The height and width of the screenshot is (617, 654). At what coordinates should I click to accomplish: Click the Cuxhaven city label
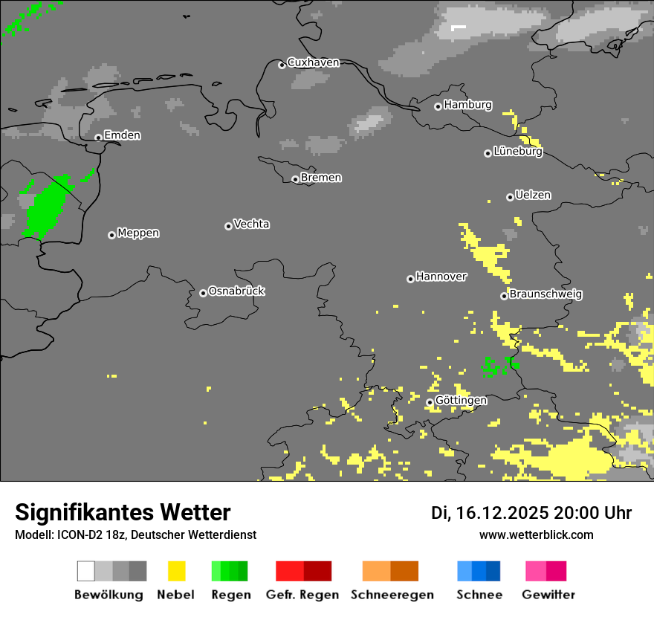313,62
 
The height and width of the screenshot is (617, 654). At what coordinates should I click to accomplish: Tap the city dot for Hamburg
438,106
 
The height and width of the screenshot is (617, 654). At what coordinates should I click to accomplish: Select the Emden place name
122,135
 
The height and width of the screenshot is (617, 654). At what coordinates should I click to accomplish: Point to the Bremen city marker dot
295,179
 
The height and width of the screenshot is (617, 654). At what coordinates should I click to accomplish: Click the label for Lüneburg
517,152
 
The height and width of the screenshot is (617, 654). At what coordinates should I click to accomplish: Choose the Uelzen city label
533,195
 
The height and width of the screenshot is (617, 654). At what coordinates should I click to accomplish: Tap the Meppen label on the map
138,233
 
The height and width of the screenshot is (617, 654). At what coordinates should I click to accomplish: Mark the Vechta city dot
228,226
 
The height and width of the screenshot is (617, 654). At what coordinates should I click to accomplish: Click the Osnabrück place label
236,291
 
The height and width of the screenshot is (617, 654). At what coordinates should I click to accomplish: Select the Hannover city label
441,277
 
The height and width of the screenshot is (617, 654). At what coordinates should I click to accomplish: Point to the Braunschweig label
545,294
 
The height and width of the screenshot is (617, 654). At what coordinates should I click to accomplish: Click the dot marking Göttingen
430,402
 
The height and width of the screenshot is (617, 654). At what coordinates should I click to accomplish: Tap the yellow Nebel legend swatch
176,571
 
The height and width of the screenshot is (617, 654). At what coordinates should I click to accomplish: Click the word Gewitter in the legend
548,595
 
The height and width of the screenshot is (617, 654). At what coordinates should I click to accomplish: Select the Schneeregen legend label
392,595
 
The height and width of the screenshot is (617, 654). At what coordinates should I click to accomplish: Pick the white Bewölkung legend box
85,571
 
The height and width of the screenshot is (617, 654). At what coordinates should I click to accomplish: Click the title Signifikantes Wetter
123,512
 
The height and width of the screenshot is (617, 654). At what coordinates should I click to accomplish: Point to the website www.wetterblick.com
536,534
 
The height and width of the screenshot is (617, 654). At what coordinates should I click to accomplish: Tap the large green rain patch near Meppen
45,209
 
